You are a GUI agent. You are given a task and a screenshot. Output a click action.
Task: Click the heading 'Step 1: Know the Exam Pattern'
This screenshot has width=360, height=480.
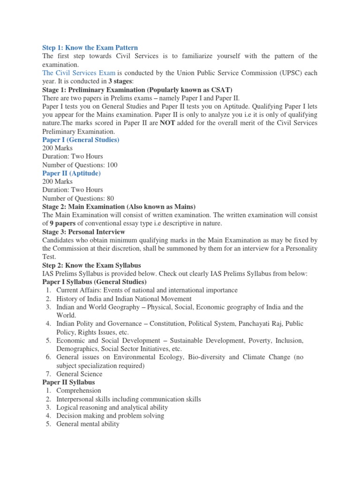[90, 48]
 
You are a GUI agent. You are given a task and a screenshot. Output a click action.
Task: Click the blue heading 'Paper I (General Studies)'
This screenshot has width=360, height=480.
[81, 140]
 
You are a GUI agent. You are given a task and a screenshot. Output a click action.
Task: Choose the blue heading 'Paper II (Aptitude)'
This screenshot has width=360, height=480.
[71, 173]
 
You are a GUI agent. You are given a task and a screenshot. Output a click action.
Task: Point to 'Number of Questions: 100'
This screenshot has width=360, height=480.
[80, 165]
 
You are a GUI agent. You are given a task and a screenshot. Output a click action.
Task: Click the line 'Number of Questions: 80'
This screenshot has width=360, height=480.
[78, 199]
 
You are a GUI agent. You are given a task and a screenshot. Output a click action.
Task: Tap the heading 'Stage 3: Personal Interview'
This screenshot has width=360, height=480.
[83, 232]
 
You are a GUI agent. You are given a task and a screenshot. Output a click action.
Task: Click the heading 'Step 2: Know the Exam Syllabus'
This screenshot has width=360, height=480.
[91, 265]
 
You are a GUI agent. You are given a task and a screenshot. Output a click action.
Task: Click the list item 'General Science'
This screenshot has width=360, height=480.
[79, 374]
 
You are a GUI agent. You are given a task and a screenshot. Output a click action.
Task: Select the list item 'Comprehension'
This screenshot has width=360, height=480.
[78, 390]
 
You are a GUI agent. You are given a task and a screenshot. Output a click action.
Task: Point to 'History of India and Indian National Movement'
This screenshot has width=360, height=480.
[124, 299]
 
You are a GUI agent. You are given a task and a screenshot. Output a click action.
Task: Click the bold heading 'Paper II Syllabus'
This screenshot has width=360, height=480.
[68, 382]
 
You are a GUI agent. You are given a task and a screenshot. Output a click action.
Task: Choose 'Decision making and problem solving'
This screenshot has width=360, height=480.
[110, 416]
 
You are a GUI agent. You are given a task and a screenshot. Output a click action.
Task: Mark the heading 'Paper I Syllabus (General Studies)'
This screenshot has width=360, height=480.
[94, 282]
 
